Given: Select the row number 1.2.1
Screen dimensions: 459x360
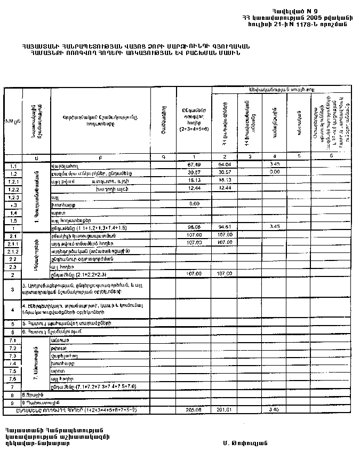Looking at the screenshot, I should click(13, 181).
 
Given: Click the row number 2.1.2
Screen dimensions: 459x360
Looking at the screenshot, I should click(13, 251).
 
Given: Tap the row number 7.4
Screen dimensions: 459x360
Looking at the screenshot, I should click(13, 363).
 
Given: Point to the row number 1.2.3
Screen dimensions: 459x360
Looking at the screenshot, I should click(13, 197).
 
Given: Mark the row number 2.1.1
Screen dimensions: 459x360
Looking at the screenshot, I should click(13, 243).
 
